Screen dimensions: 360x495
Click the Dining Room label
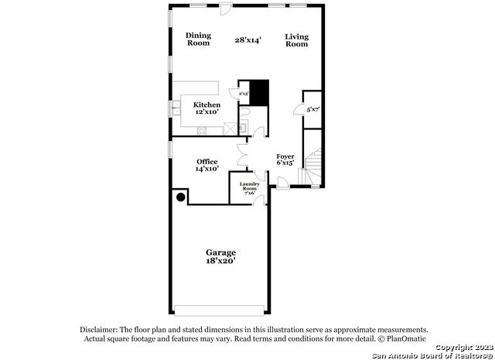[x=198, y=39]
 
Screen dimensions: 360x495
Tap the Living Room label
[x=297, y=39]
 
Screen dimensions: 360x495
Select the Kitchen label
[x=207, y=105]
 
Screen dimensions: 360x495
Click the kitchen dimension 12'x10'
[x=207, y=112]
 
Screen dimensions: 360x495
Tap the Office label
[x=207, y=161]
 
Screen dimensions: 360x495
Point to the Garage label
[x=220, y=252]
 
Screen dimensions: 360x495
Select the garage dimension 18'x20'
[x=220, y=262]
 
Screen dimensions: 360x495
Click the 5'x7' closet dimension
[x=312, y=110]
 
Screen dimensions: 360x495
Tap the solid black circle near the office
[x=181, y=197]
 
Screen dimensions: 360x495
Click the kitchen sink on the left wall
[x=176, y=109]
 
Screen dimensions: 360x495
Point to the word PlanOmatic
[x=401, y=339]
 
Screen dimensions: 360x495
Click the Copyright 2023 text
[x=461, y=348]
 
